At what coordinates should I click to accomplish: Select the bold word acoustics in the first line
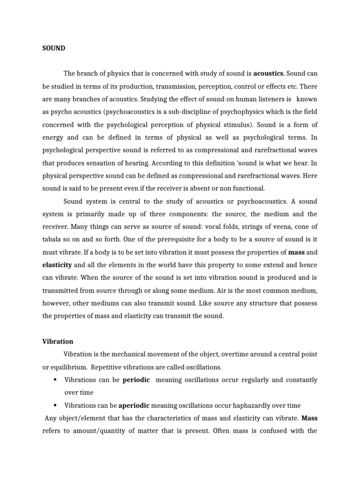tap(269, 74)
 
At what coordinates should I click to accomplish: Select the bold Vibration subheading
tap(58, 341)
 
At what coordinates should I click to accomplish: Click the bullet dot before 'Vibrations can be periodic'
tap(55, 380)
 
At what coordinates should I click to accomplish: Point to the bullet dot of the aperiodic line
tap(55, 405)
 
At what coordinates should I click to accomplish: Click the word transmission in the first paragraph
tap(170, 87)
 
